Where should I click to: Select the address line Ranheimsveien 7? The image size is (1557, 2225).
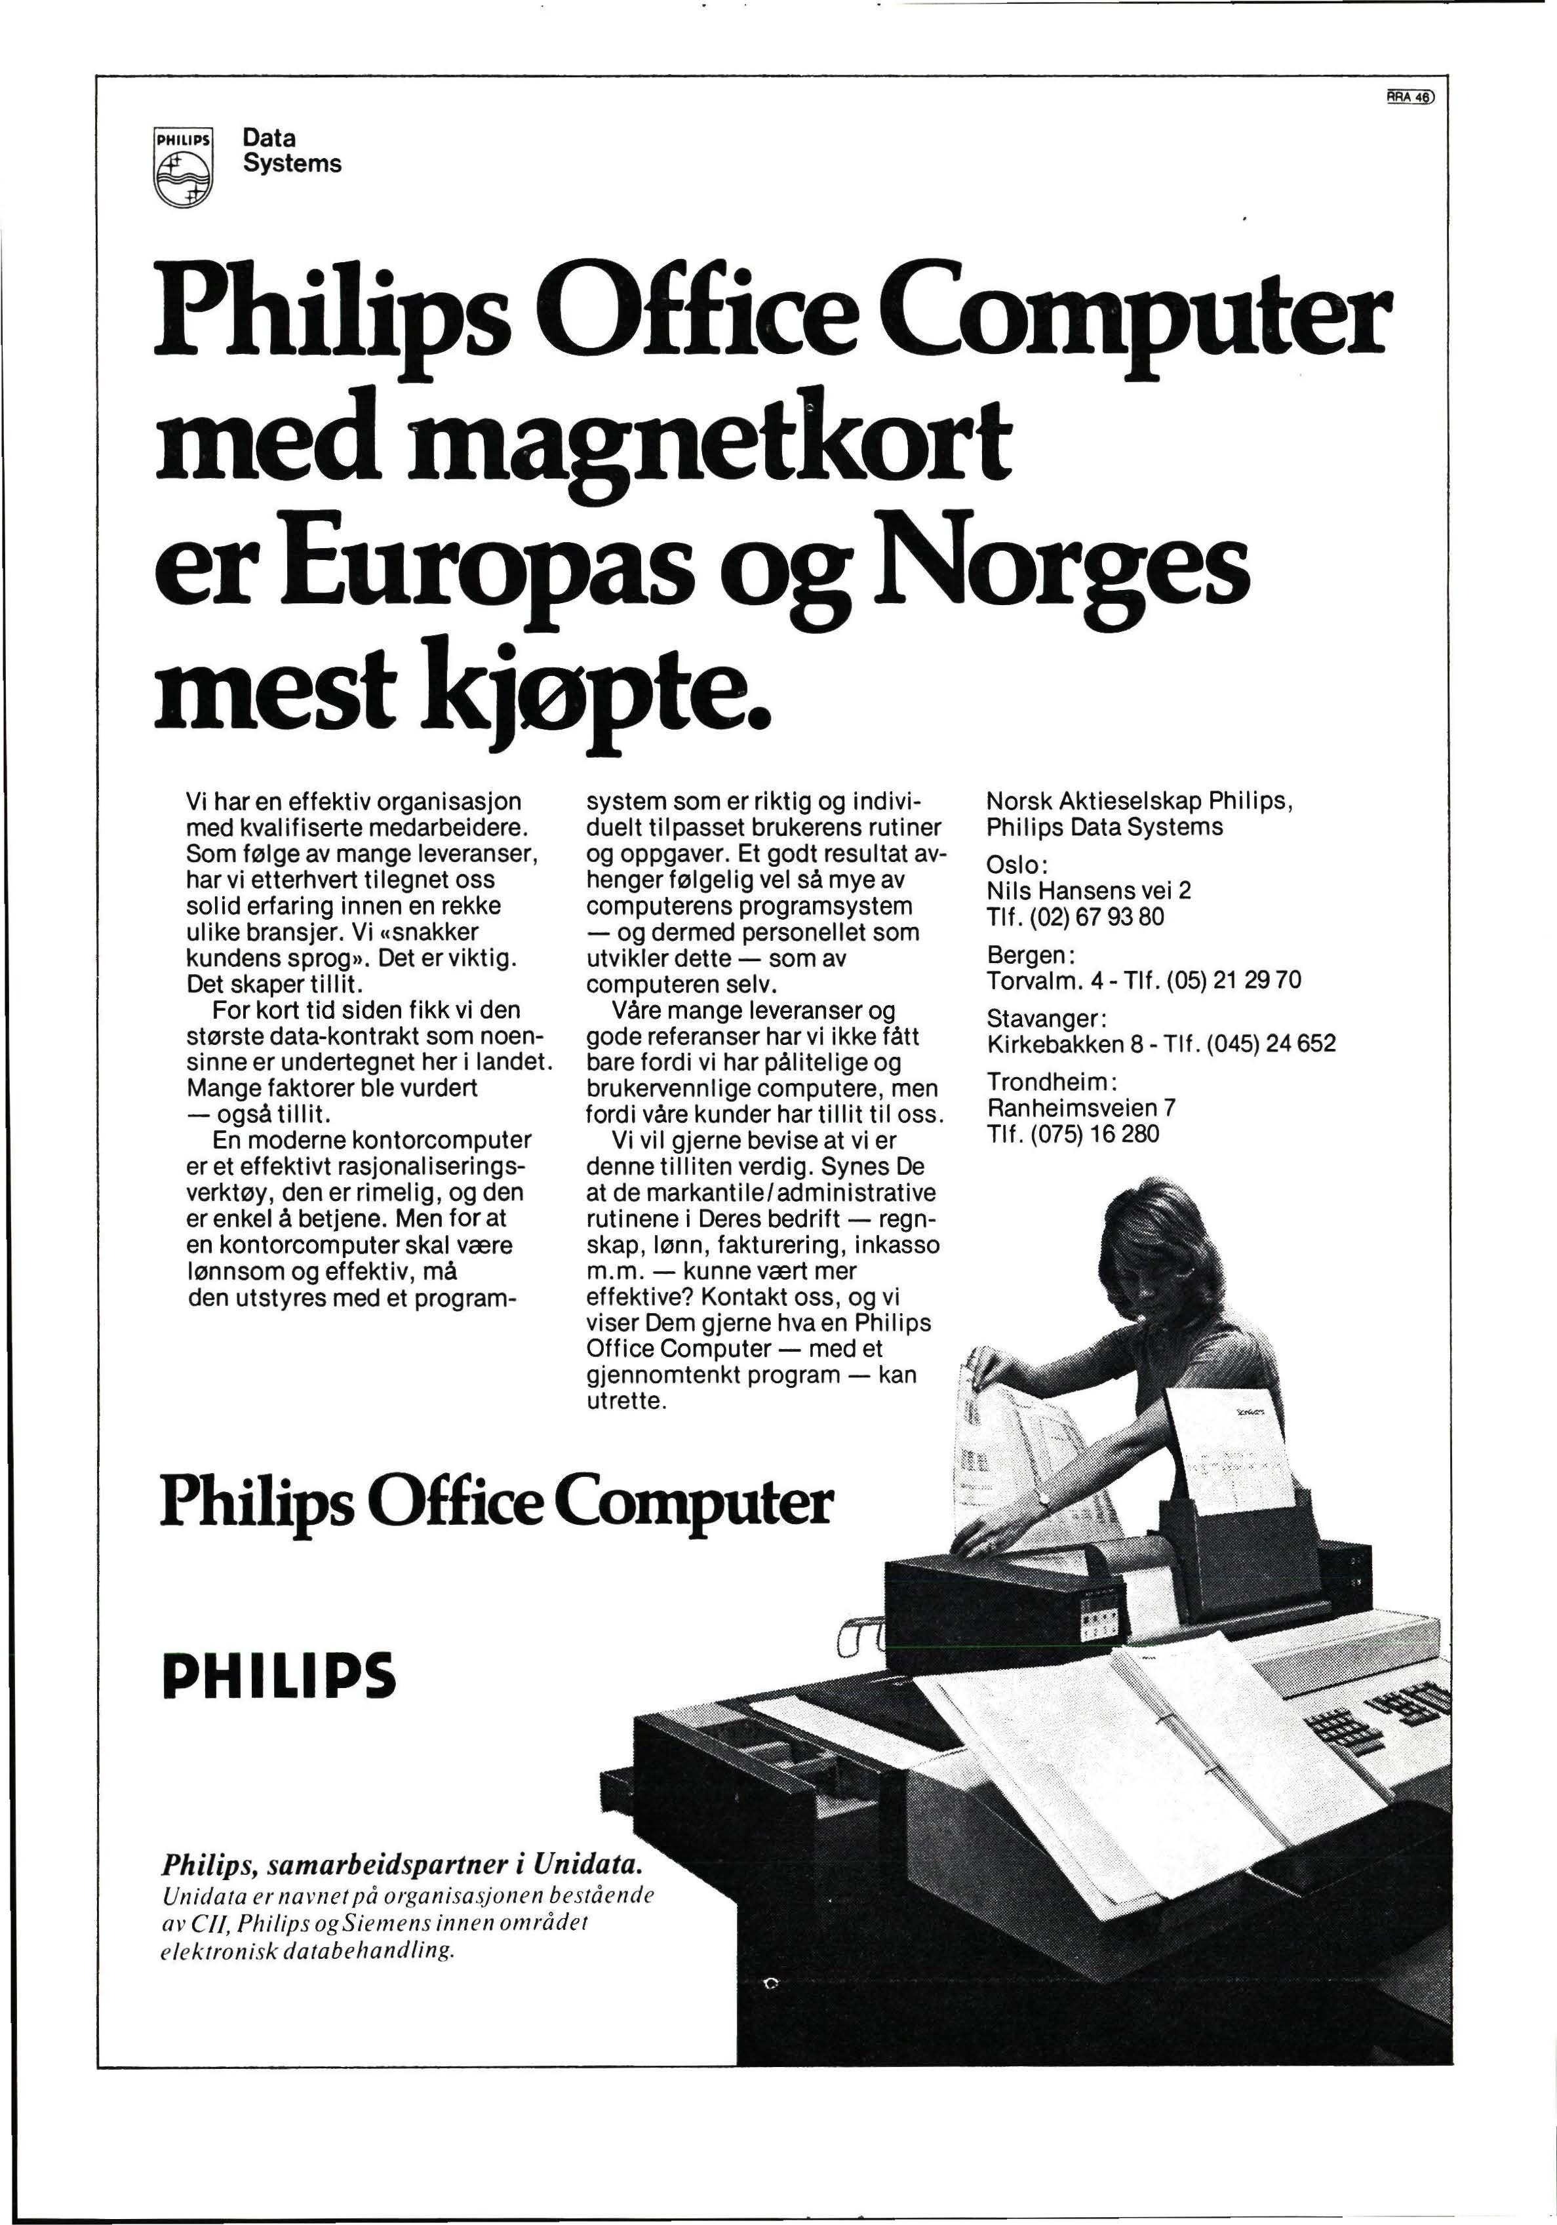click(1081, 1108)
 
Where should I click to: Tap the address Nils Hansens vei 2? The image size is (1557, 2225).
click(1088, 890)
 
